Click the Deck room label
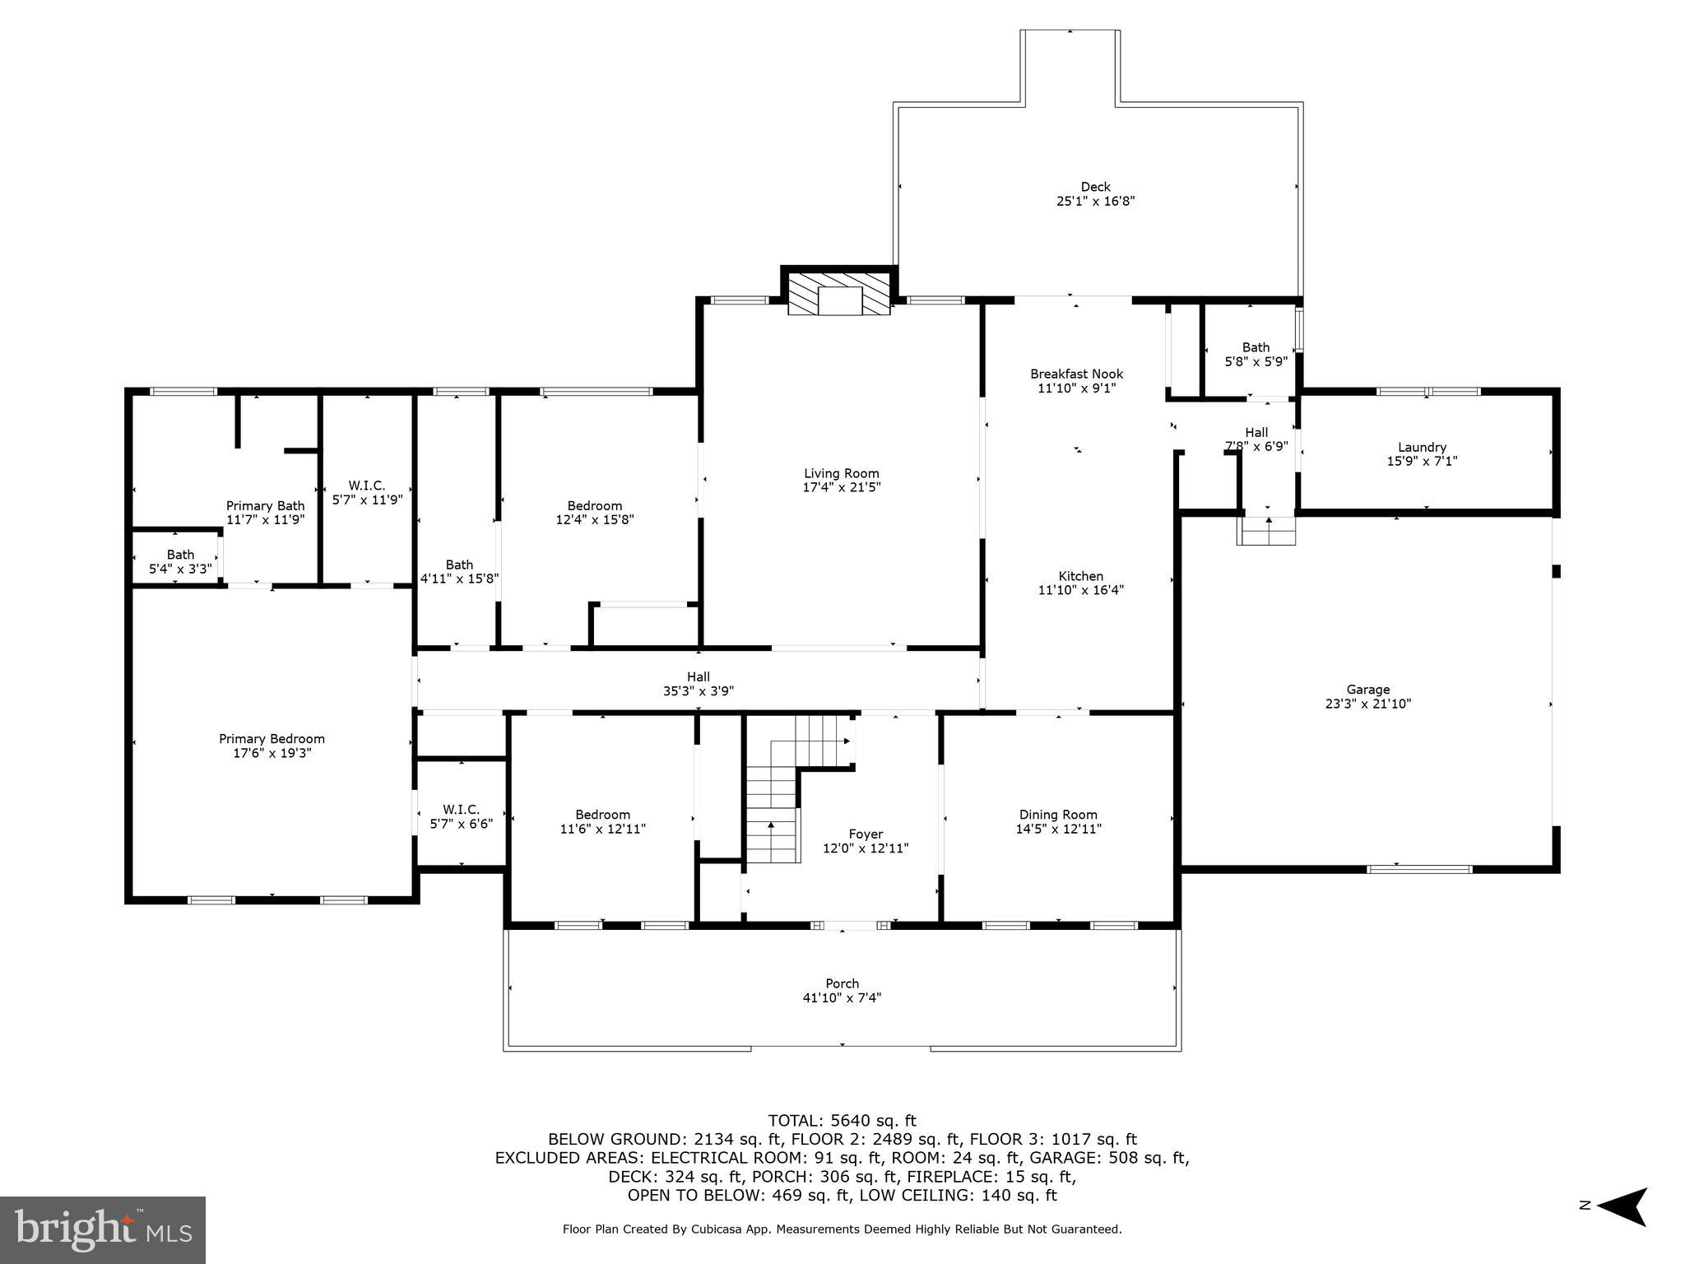[x=1095, y=187]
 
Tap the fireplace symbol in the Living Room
[x=839, y=294]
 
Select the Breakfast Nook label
[x=1076, y=374]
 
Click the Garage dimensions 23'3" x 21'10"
[x=1367, y=704]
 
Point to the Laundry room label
[x=1422, y=447]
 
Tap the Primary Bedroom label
[x=272, y=739]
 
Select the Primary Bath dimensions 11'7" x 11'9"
[x=265, y=520]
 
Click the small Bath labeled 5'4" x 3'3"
[x=180, y=561]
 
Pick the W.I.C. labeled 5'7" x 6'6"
[x=461, y=816]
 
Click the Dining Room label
[x=1058, y=815]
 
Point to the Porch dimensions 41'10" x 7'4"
[x=842, y=997]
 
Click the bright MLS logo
[x=103, y=1229]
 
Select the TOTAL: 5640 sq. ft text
[x=842, y=1120]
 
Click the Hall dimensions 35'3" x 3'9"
[x=698, y=691]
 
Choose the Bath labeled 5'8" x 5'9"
[x=1256, y=354]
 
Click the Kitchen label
[x=1080, y=576]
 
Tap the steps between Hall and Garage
[x=1267, y=532]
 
